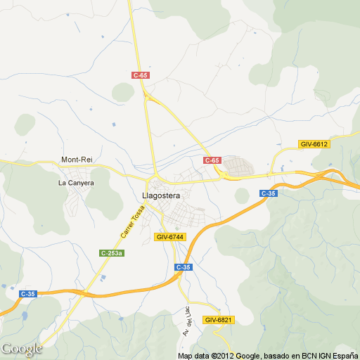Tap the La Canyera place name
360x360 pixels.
(x=76, y=183)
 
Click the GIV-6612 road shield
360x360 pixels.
(x=314, y=144)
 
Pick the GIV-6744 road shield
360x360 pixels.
(x=170, y=237)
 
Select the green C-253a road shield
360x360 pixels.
(x=112, y=253)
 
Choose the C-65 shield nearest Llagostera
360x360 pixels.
(x=212, y=160)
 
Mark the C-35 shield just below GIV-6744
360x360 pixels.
(x=184, y=267)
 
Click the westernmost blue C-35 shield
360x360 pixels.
(x=28, y=294)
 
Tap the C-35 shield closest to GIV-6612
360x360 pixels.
(x=268, y=193)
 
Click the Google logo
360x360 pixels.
(x=21, y=349)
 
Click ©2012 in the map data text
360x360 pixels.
(x=223, y=356)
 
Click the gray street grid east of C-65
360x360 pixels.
(x=239, y=166)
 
